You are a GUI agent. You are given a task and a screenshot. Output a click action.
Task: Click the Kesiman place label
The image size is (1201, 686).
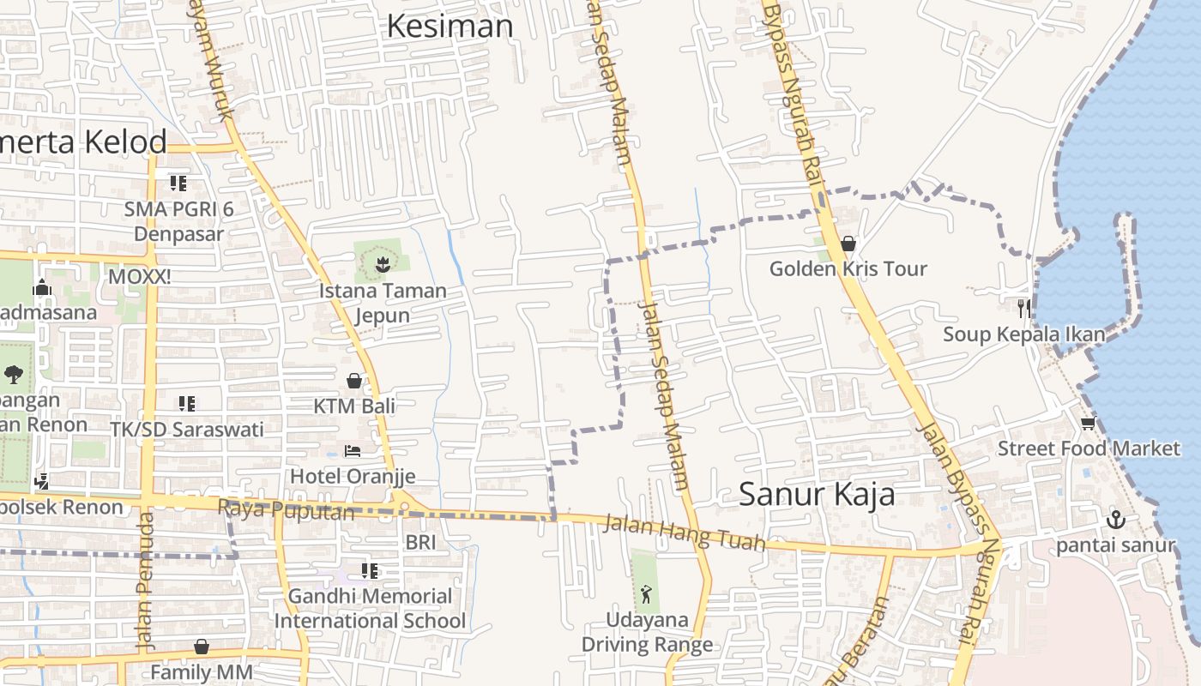[x=450, y=27]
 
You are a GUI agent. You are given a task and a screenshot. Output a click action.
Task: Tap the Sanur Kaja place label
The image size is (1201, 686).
[x=817, y=494]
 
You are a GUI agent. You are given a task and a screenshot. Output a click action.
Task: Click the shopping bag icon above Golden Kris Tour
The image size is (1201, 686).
[x=848, y=244]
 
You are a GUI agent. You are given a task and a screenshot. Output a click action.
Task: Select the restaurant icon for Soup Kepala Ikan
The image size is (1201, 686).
[x=1023, y=309]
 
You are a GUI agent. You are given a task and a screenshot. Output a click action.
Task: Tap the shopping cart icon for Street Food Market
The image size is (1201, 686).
[x=1089, y=423]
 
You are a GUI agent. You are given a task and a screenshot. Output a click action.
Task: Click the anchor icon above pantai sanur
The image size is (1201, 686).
[x=1115, y=519]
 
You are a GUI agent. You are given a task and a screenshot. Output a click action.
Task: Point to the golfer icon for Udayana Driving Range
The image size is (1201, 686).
[x=646, y=593]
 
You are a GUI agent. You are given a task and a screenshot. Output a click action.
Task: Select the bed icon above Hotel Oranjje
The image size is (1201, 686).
[x=353, y=451]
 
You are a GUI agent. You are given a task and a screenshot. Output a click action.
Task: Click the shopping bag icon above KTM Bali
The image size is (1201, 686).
[x=354, y=381]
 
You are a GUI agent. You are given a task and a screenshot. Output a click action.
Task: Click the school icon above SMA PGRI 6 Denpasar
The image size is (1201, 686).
[x=178, y=184]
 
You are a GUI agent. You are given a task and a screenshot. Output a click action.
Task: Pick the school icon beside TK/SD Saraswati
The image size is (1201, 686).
[x=186, y=404]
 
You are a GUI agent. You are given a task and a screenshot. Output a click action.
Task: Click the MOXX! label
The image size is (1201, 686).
[x=139, y=277]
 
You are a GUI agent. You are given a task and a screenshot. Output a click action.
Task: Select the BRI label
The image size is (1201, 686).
[x=421, y=542]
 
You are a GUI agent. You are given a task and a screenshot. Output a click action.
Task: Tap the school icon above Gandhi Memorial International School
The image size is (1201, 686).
[x=370, y=571]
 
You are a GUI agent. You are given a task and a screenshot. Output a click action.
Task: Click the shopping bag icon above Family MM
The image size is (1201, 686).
[x=202, y=647]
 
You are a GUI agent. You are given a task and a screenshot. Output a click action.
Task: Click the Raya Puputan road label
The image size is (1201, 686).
[x=286, y=510]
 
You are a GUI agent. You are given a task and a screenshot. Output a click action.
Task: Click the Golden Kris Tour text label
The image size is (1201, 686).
[x=848, y=269]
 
